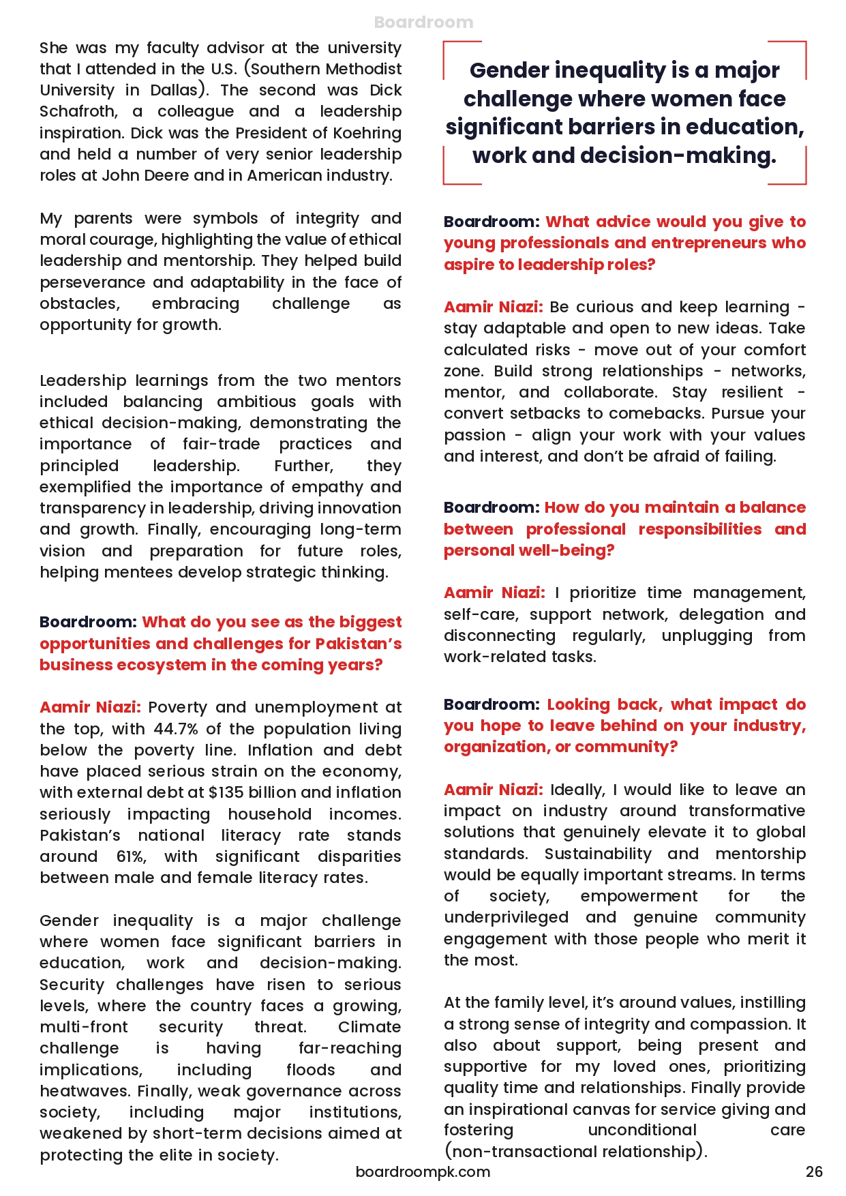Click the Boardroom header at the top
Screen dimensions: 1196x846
tap(423, 23)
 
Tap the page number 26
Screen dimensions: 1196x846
tap(814, 1171)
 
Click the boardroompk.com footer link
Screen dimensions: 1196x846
tap(423, 1171)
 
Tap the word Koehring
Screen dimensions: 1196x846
tap(367, 133)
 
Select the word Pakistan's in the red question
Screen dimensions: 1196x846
tap(359, 644)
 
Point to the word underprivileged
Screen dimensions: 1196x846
tap(507, 917)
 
